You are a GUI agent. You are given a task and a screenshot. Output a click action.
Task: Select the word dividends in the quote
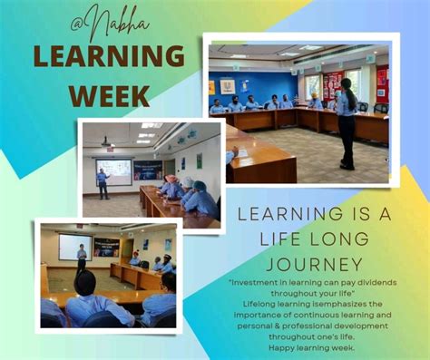tap(382, 282)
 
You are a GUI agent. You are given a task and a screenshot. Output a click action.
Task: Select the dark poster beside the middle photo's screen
tap(147, 170)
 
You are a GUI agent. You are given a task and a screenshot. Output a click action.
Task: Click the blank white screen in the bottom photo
tap(74, 247)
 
